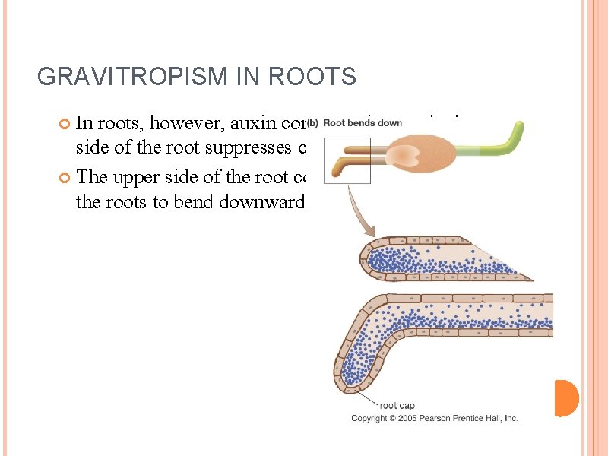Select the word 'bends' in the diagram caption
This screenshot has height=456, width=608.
pos(365,122)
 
